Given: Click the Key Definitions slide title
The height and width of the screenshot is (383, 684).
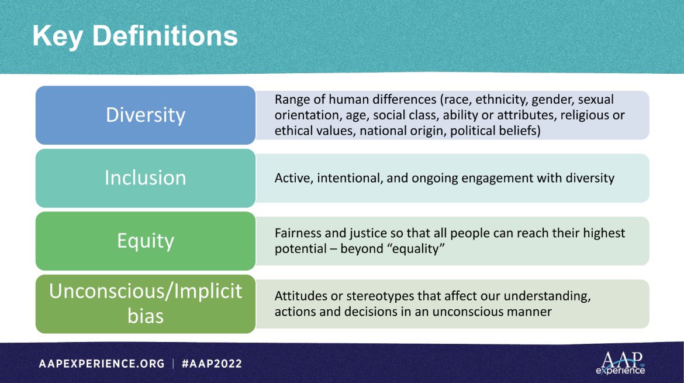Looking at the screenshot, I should [135, 36].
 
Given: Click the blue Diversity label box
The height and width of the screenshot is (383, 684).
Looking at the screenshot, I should [145, 115].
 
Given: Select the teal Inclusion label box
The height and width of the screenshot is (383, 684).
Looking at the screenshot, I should [145, 177].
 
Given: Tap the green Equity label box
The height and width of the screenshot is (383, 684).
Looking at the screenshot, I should [145, 240].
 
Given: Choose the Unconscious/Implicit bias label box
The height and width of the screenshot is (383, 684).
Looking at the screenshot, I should [145, 303].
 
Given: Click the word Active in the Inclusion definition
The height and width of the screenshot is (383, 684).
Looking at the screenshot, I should [293, 177].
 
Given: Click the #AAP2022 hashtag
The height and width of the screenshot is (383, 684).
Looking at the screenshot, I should [212, 364].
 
